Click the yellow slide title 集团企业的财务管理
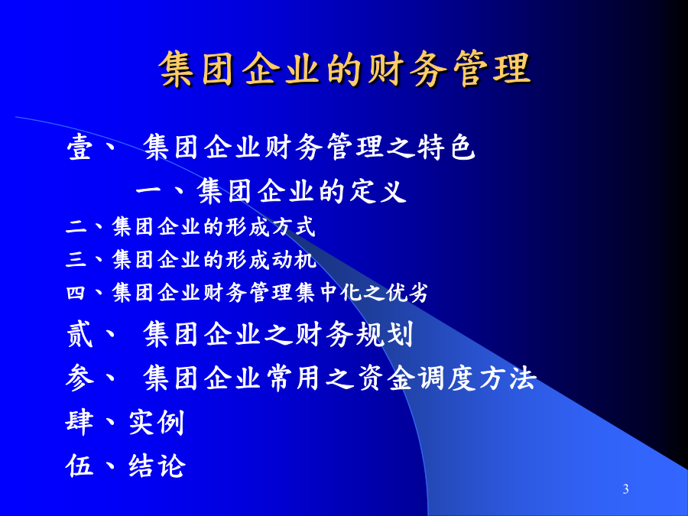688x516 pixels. [x=345, y=69]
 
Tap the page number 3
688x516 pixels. [x=625, y=488]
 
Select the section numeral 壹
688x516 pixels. [x=80, y=147]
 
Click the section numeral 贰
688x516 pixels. [x=80, y=334]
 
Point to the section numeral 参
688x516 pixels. [x=80, y=378]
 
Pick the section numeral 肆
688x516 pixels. [x=80, y=422]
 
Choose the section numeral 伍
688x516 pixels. [x=80, y=466]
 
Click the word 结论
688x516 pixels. [x=157, y=466]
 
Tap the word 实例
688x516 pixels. [x=157, y=422]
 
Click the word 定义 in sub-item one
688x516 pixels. [x=378, y=191]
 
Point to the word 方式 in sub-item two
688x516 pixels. [x=294, y=227]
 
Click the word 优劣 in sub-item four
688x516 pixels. [x=407, y=292]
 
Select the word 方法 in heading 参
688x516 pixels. [x=508, y=378]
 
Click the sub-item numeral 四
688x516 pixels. [x=75, y=293]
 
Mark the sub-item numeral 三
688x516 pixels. [x=76, y=259]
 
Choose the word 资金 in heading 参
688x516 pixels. [x=385, y=378]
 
